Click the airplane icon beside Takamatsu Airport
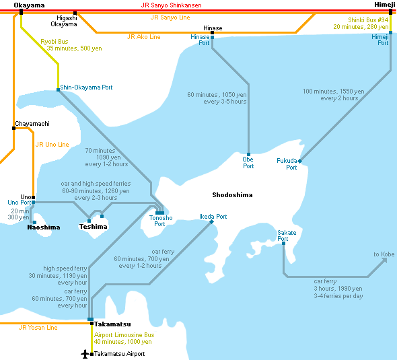pos(85,354)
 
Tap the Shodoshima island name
pos(232,195)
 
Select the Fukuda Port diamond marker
pos(300,161)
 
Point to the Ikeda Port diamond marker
pos(212,222)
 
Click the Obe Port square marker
pos(249,155)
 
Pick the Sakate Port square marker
pos(283,244)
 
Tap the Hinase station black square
pos(212,33)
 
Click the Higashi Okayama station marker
pos(75,13)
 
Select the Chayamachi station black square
pos(13,128)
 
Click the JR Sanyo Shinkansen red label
pos(171,5)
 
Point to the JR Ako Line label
pos(143,37)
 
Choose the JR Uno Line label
pos(52,145)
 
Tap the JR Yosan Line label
pos(38,328)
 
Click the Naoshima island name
pos(44,227)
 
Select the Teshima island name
pos(93,226)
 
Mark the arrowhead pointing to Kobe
pos(384,260)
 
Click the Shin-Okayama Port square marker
pos(59,89)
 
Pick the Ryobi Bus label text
pos(55,42)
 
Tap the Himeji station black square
pos(391,11)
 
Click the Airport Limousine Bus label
pos(124,335)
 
